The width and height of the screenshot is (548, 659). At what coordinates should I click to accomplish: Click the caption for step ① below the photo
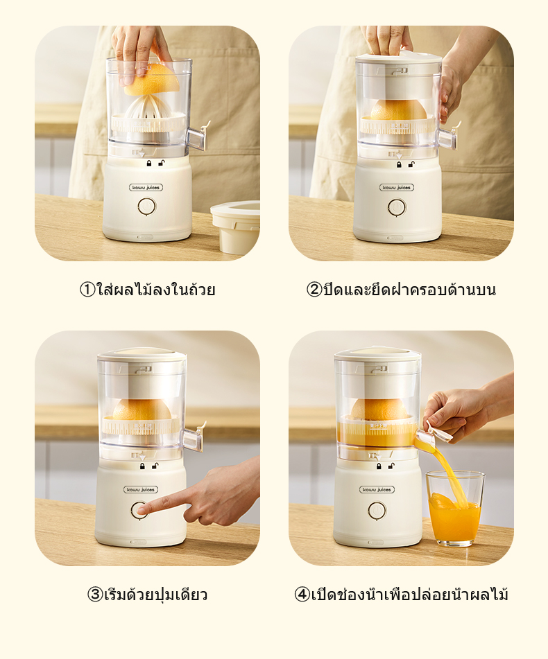[x=147, y=290]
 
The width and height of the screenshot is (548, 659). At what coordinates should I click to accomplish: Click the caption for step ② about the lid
[x=401, y=290]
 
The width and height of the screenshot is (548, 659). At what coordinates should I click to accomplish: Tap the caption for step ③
[x=147, y=595]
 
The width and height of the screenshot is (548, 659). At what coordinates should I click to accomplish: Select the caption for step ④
[x=401, y=595]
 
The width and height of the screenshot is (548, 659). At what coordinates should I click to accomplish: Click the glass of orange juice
[x=454, y=509]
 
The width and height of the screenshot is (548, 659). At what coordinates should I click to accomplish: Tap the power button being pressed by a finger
[x=139, y=510]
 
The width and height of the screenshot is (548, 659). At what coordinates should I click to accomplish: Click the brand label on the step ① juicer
[x=146, y=187]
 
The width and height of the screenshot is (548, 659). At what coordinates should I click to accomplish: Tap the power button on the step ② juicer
[x=397, y=207]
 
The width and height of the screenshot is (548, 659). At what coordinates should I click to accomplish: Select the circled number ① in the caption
[x=87, y=290]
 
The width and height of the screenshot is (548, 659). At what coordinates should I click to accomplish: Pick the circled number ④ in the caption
[x=302, y=595]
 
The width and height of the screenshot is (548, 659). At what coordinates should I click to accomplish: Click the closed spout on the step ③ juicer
[x=194, y=437]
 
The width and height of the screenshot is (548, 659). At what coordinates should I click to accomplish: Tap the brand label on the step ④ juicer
[x=377, y=489]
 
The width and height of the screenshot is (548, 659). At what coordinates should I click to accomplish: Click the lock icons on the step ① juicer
[x=155, y=164]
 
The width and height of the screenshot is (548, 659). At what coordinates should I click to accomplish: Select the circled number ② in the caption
[x=314, y=290]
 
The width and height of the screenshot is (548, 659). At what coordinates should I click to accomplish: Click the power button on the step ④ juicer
[x=377, y=510]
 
